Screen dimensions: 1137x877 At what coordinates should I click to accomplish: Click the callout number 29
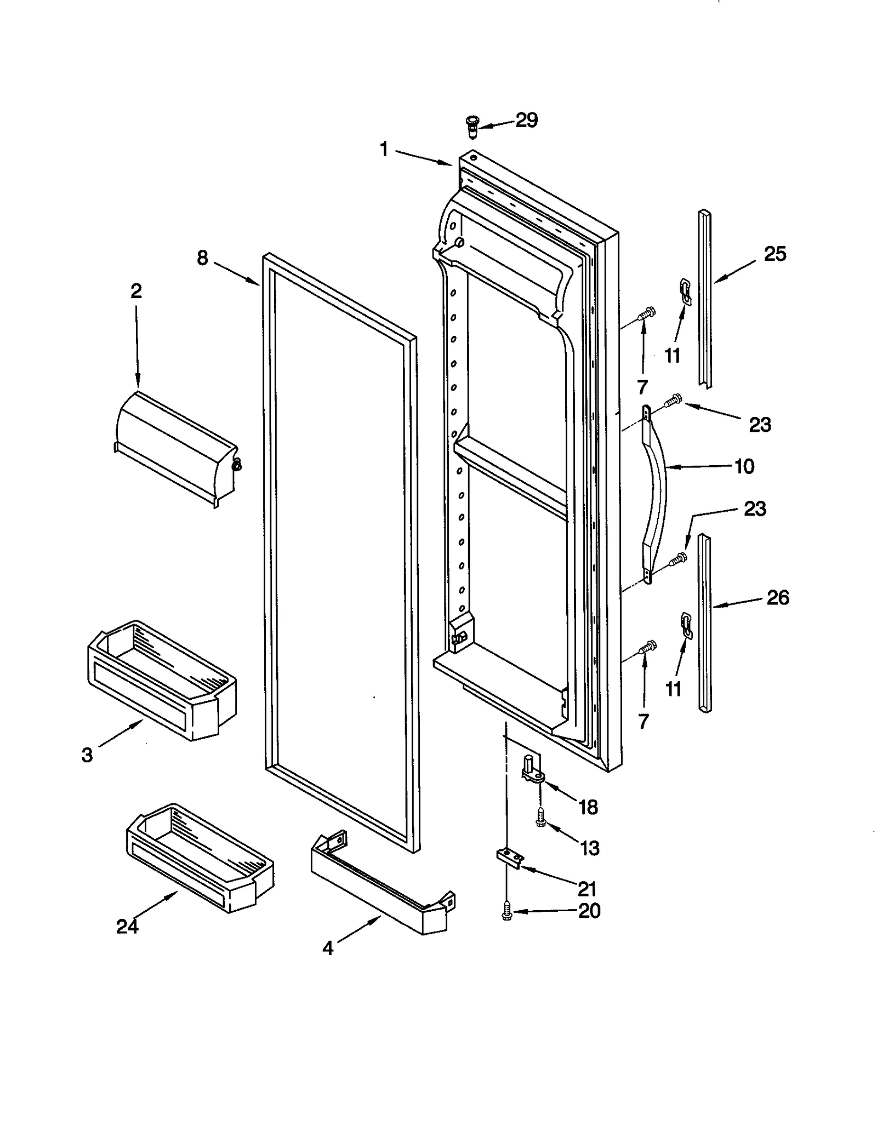(526, 120)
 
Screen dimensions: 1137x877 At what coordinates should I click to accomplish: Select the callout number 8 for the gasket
(203, 258)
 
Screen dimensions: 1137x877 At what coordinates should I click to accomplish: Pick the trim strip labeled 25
(705, 299)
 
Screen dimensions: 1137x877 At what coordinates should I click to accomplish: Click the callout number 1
(384, 149)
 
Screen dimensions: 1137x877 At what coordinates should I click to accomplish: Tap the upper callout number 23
(760, 425)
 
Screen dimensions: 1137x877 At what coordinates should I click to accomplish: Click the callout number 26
(777, 597)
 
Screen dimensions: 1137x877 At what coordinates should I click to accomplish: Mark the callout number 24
(127, 926)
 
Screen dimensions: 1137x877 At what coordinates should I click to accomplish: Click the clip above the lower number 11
(686, 625)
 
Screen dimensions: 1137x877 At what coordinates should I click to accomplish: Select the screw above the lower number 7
(647, 648)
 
